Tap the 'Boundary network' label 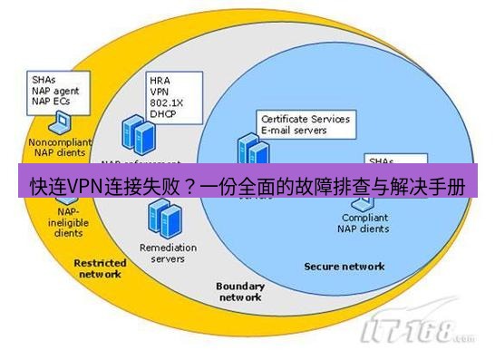coord(239,291)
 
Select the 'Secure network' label coord(344,267)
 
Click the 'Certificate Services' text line coord(305,119)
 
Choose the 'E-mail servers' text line coord(294,131)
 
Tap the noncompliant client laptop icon coord(53,126)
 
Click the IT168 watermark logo coord(417,332)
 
